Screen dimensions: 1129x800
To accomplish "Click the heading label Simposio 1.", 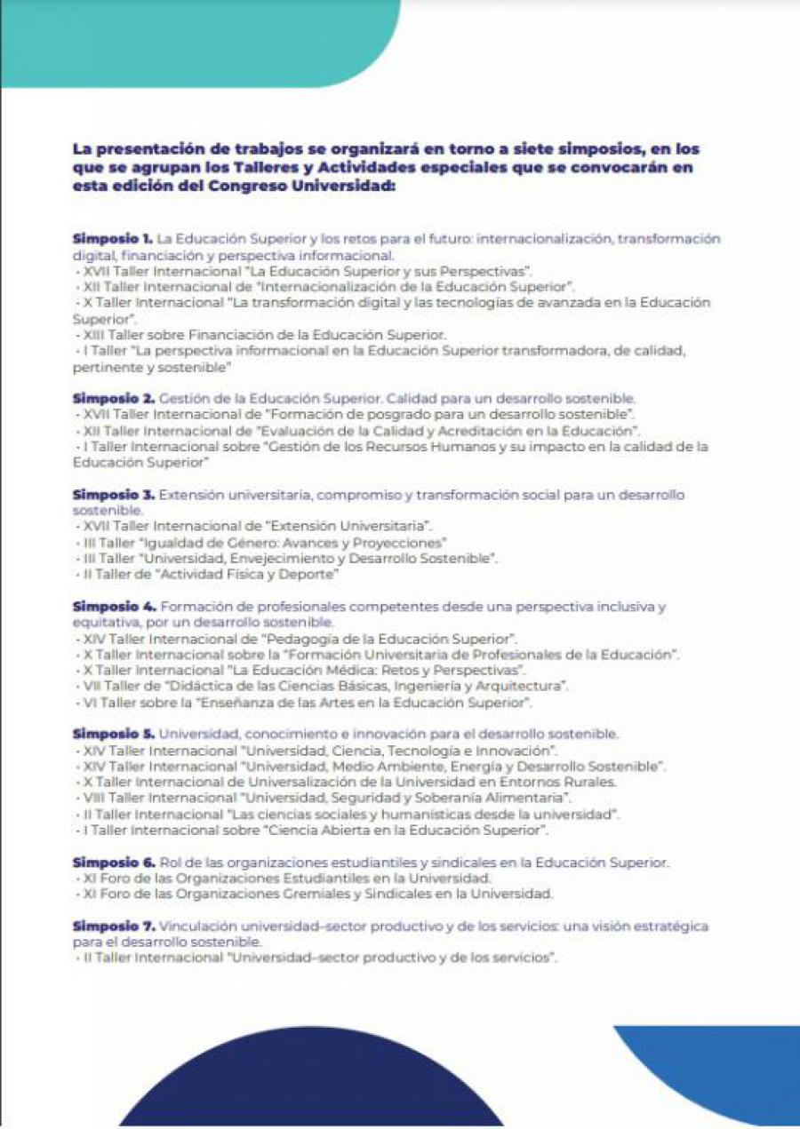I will [x=113, y=239].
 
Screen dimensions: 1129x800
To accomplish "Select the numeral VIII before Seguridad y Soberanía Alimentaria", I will [x=93, y=798].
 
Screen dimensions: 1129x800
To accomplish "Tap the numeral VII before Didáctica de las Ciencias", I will [x=91, y=687].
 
